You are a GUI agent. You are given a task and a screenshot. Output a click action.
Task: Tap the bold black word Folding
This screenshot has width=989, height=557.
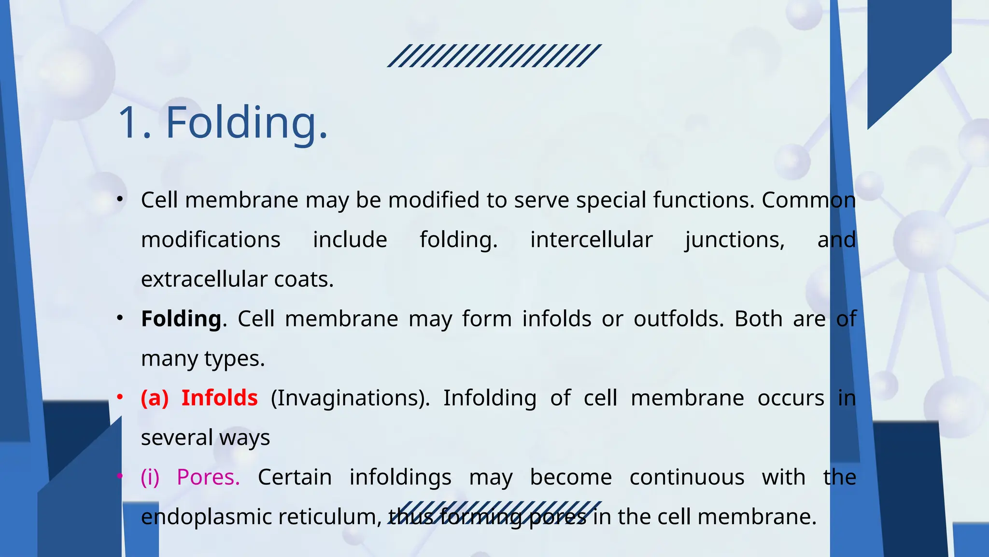(181, 319)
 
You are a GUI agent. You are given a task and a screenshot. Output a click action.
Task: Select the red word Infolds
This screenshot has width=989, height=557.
(219, 398)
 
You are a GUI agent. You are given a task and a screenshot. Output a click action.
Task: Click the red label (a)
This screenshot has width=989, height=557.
(155, 398)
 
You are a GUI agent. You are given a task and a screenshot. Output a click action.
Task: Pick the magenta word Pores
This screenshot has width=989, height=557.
(208, 477)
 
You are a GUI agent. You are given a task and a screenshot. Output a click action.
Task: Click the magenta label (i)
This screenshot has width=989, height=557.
(150, 477)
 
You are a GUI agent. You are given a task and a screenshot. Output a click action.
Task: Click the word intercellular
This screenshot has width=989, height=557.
(591, 240)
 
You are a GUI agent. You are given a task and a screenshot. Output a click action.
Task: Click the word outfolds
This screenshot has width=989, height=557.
(678, 319)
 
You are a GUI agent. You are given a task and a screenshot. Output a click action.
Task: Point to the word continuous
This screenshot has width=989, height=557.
(687, 477)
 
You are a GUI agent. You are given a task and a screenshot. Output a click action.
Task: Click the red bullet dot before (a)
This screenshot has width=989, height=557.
(120, 397)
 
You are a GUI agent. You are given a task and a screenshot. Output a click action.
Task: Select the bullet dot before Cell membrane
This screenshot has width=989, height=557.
(120, 199)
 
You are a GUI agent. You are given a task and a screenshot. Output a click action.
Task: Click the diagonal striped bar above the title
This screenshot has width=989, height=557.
(494, 56)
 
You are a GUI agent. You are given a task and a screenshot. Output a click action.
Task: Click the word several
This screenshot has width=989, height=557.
(177, 438)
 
